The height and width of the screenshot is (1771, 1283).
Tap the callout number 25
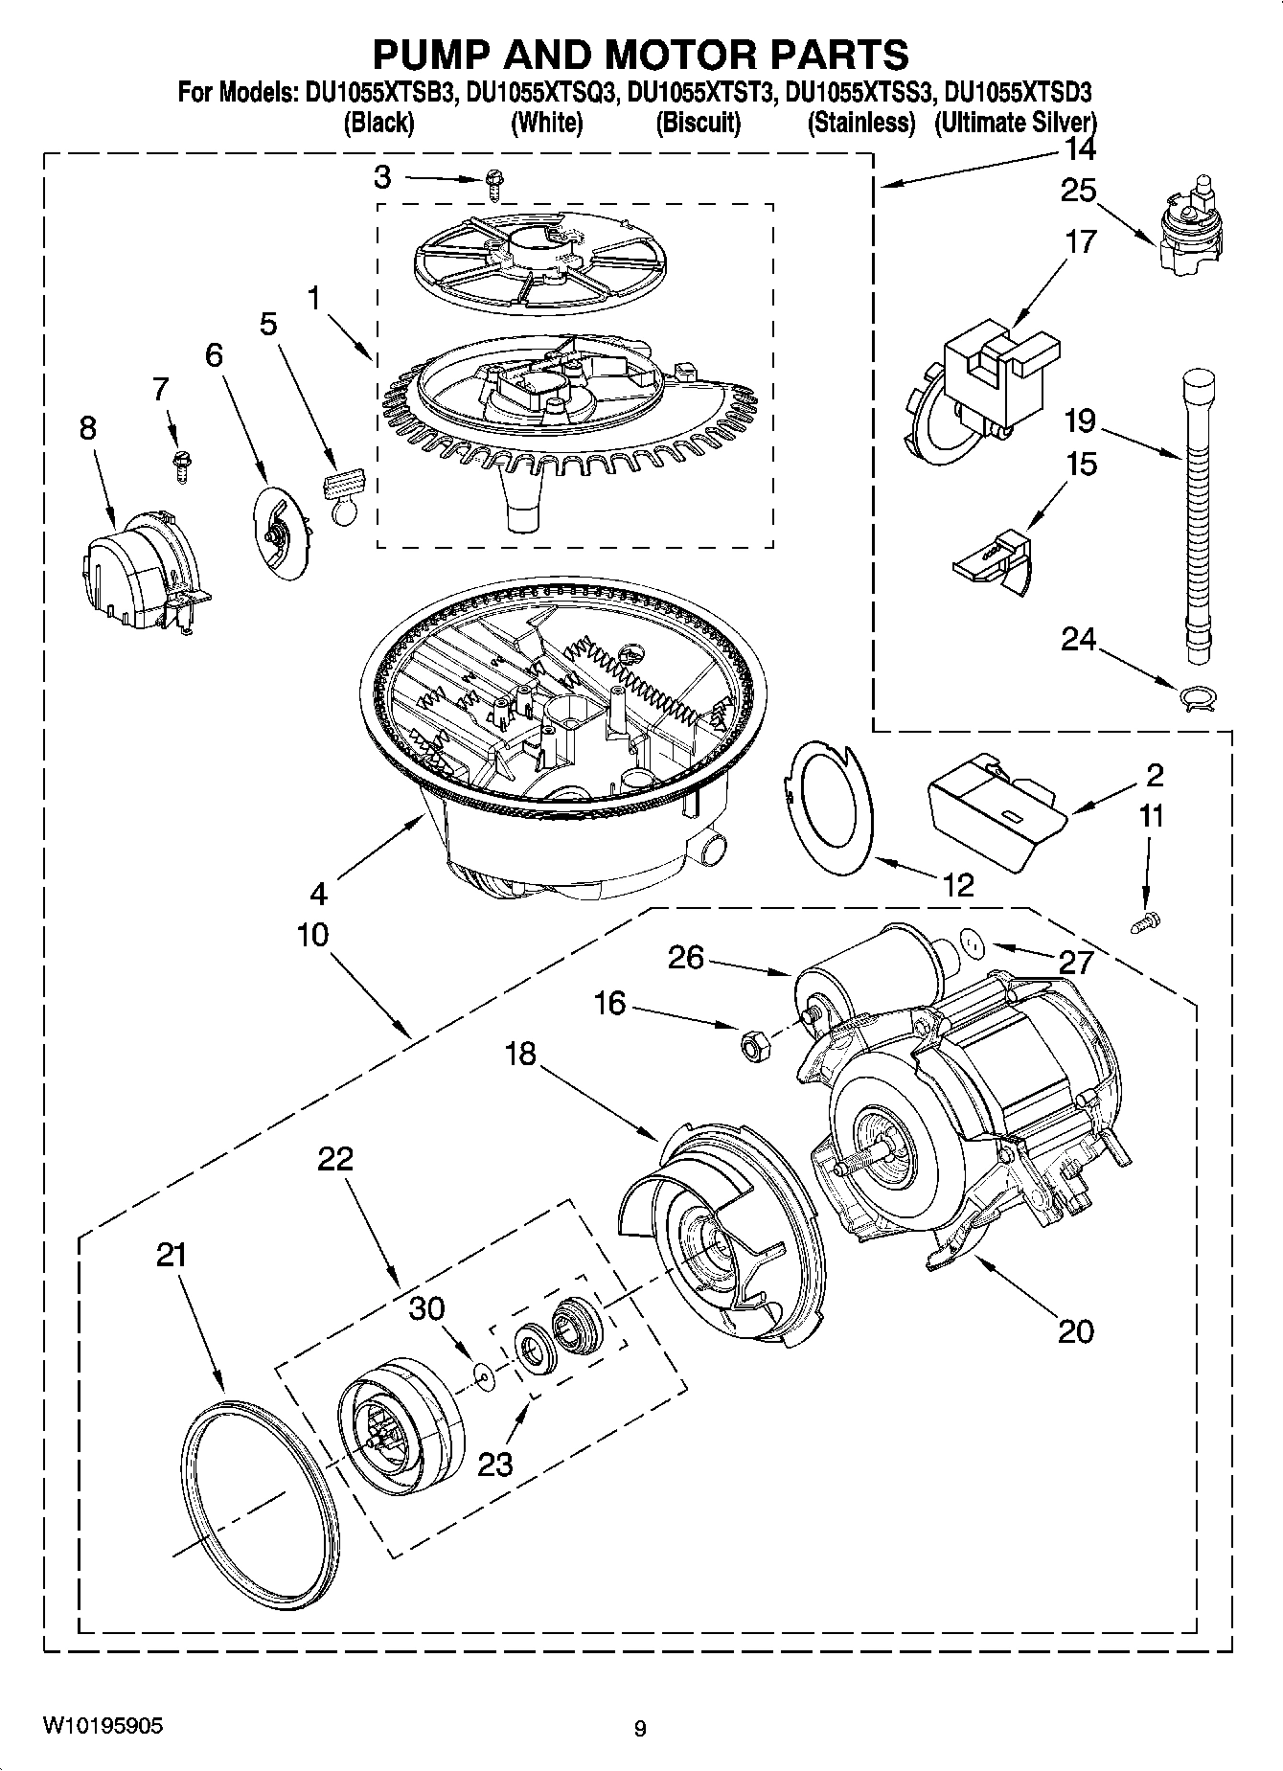[1078, 191]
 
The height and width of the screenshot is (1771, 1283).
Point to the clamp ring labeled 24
[1197, 697]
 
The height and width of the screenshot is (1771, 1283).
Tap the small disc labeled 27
[973, 945]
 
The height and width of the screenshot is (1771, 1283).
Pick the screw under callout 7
[179, 462]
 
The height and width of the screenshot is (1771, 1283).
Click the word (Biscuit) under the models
[698, 123]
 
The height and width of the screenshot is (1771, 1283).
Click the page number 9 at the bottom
[640, 1729]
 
